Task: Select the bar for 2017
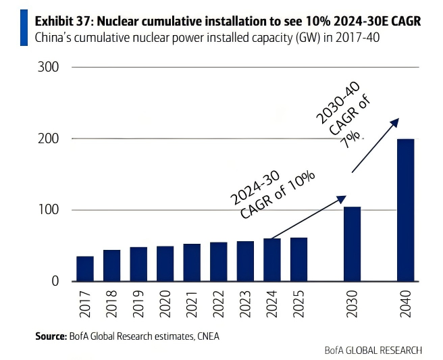coord(85,269)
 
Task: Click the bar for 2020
coord(165,264)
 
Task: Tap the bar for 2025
coord(299,260)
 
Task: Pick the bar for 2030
coord(353,244)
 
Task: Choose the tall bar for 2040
coord(406,210)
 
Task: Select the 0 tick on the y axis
coord(56,282)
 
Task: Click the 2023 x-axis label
coord(246,303)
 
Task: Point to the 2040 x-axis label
coord(406,303)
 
